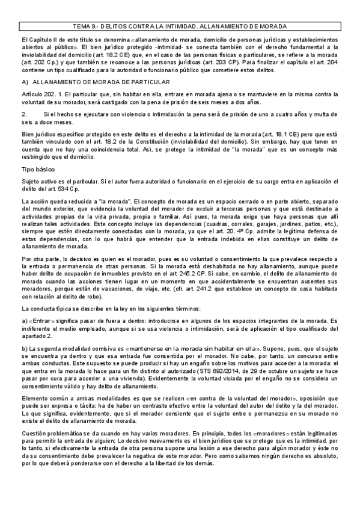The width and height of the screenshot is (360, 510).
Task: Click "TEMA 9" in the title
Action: coord(86,27)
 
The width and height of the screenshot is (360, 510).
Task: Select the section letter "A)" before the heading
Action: coord(24,81)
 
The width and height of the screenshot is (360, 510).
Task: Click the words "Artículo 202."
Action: coord(40,94)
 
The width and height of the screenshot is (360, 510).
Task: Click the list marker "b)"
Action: coord(24,348)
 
